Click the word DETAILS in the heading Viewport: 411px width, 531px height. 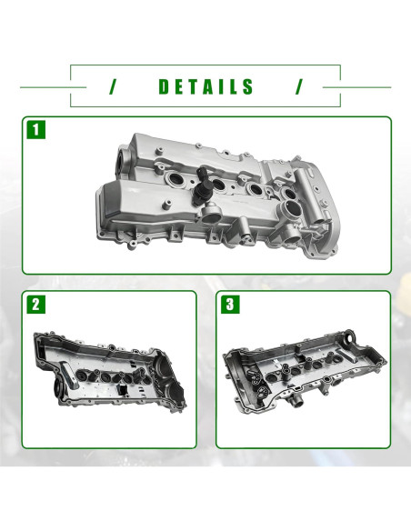206,87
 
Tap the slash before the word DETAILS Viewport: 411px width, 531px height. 114,87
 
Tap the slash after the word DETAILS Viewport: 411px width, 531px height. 297,87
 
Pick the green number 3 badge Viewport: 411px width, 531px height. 231,306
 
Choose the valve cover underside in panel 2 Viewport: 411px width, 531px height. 109,373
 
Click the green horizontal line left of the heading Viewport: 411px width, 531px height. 45,87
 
